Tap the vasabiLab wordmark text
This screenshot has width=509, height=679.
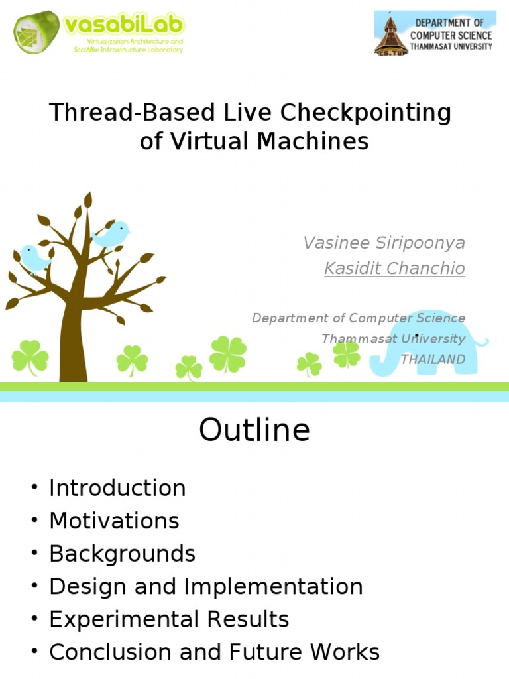125,26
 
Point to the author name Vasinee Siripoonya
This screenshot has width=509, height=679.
384,243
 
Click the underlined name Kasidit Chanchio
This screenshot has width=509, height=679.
394,268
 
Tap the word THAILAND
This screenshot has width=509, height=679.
432,359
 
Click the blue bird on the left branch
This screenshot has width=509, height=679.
34,258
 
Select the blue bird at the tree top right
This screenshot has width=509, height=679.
111,234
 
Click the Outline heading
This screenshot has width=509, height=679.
254,430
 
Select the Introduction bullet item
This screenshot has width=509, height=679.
117,488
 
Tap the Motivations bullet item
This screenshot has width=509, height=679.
114,521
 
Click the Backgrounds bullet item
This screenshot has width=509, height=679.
122,554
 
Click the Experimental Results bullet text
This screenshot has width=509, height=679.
169,619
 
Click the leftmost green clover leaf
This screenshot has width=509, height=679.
30,358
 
